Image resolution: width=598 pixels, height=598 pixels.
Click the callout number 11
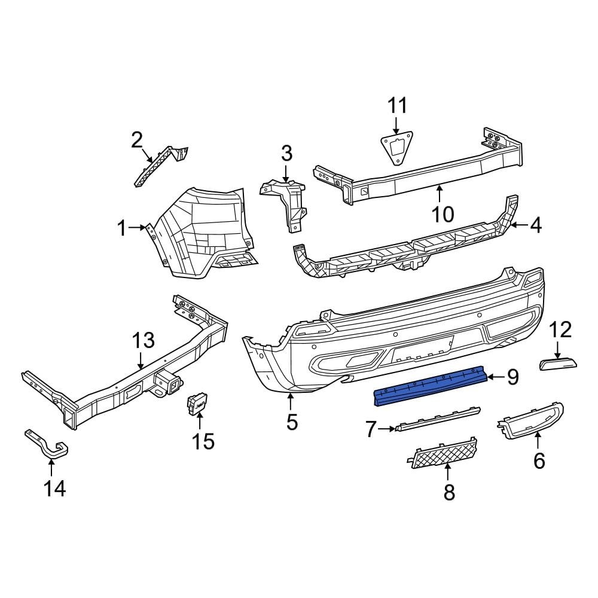tap(397, 106)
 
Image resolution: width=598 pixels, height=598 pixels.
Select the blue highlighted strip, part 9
tap(429, 386)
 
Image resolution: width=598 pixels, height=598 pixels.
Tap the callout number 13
tap(143, 340)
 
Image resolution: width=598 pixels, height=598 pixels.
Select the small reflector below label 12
tap(558, 363)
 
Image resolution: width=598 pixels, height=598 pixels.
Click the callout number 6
tap(539, 460)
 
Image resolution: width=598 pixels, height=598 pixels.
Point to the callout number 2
tap(137, 141)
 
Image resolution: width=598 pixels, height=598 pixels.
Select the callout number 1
tap(122, 228)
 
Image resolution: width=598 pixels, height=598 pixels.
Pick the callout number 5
tap(291, 422)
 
